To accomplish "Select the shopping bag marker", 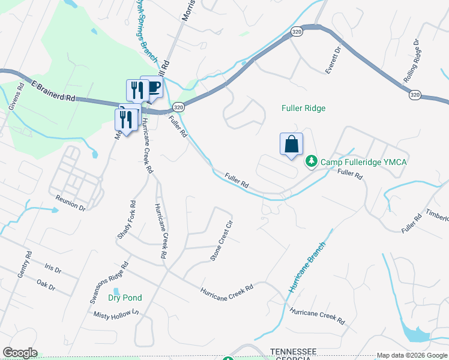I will click(291, 145).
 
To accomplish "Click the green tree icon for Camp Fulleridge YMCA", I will click(311, 161).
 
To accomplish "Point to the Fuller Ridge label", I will click(303, 109).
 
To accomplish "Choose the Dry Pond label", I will click(125, 298).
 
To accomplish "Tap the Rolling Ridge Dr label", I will click(420, 57).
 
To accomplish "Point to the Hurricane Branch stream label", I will click(307, 267).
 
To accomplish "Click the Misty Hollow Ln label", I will click(116, 314).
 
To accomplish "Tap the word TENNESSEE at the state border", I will click(293, 351).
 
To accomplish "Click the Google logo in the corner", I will click(20, 353).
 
